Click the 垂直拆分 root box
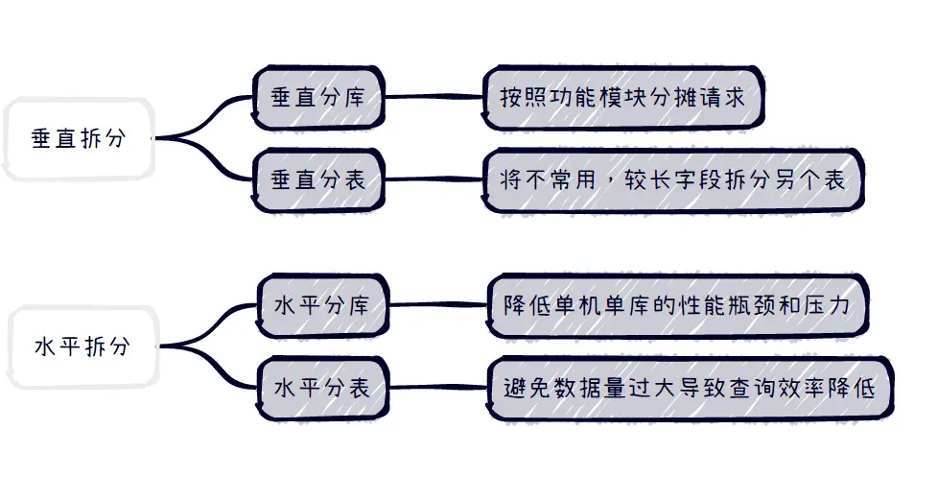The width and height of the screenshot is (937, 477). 79,138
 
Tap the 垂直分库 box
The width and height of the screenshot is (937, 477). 317,97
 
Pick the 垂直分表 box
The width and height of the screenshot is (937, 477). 317,179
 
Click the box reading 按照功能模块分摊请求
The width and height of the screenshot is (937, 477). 622,98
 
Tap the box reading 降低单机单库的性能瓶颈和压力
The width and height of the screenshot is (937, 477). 677,305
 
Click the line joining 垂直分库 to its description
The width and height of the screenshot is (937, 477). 434,97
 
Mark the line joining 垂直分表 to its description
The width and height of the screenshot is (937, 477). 434,179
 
